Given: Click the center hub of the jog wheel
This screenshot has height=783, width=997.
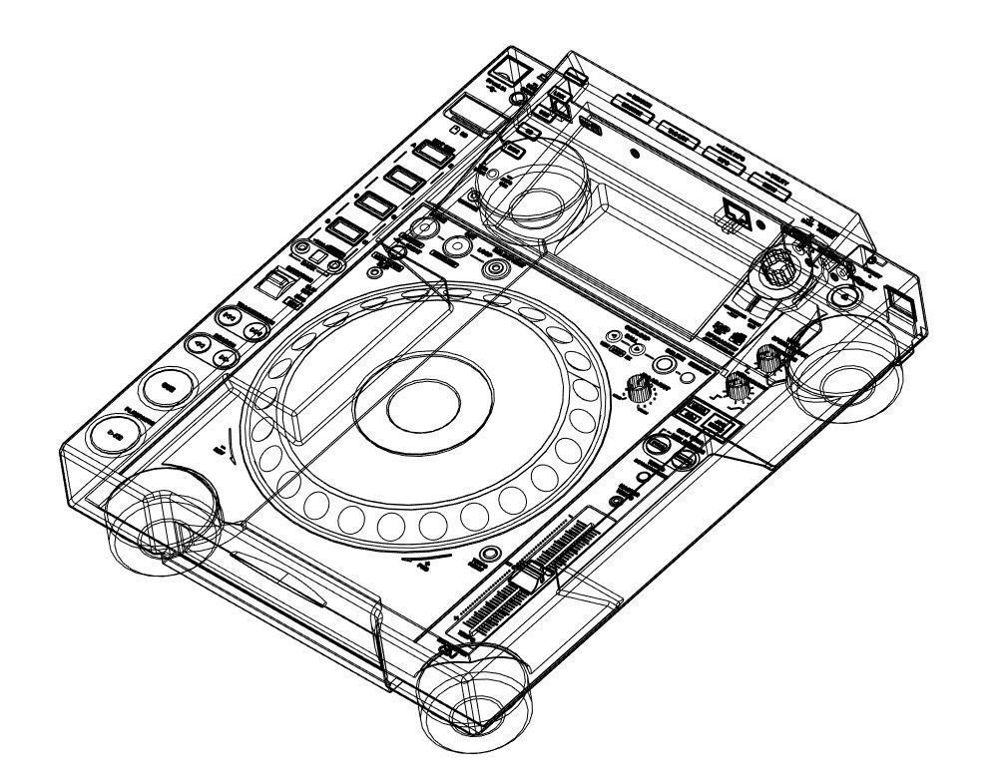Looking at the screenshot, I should pyautogui.click(x=423, y=403).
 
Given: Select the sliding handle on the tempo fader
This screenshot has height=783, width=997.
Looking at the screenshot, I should pyautogui.click(x=526, y=582).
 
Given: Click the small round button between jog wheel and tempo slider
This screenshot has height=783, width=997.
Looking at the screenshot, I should pyautogui.click(x=489, y=555).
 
